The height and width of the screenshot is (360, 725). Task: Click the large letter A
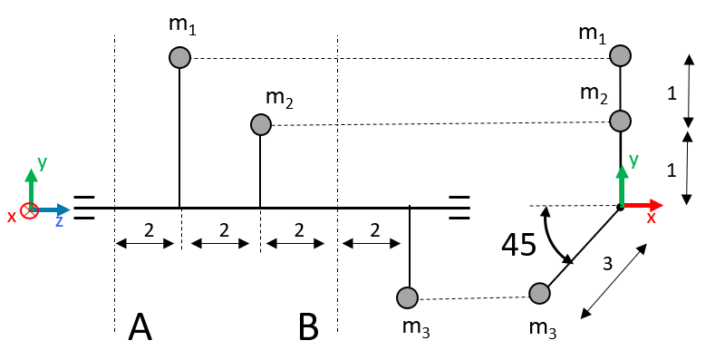(x=140, y=326)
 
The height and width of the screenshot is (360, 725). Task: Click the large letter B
(x=308, y=326)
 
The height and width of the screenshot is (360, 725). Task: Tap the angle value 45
(x=518, y=244)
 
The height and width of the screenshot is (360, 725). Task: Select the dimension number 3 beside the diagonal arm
(x=607, y=264)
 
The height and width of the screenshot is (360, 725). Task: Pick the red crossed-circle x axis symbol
(x=29, y=210)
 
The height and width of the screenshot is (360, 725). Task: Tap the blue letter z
(x=59, y=221)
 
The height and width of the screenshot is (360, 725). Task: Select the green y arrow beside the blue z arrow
(x=31, y=188)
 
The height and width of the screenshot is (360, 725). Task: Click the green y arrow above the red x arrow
(x=622, y=185)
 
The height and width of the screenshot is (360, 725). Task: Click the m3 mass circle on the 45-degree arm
(x=539, y=293)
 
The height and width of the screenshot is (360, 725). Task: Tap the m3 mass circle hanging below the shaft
(x=407, y=297)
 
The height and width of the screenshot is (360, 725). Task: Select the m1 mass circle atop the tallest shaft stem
(x=179, y=58)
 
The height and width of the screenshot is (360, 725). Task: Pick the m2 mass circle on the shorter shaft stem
(x=260, y=124)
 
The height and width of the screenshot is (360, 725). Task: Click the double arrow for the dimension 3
(x=614, y=281)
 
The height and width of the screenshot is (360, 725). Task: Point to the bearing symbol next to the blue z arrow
(x=84, y=208)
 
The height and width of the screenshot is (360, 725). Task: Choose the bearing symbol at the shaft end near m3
(x=459, y=208)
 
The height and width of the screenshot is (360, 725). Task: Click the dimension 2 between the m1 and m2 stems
(x=224, y=230)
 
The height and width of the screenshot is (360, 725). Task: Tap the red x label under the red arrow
(x=651, y=218)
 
